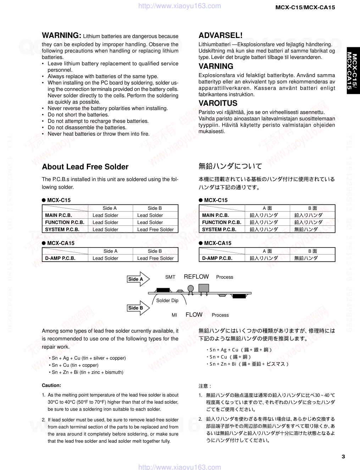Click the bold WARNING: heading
click(62, 35)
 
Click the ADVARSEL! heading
click(220, 35)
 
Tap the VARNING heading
click(216, 66)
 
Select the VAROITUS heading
click(218, 103)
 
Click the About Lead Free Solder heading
click(85, 167)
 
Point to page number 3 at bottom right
click(343, 457)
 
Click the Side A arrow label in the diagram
click(135, 279)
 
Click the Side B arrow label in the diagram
click(135, 308)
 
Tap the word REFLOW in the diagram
click(196, 277)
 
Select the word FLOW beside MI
click(194, 315)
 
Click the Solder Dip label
click(167, 301)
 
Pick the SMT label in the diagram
click(170, 277)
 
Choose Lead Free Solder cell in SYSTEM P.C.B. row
click(155, 229)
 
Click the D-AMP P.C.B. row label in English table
click(60, 258)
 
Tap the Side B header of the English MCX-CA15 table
click(155, 251)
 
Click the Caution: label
click(51, 385)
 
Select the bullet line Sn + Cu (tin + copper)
click(75, 365)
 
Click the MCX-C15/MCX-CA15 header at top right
click(305, 7)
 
